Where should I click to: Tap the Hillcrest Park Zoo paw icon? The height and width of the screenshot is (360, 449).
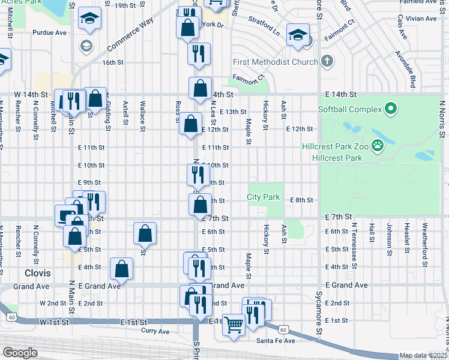pos(378,145)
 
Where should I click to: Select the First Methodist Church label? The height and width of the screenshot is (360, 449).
pos(276,62)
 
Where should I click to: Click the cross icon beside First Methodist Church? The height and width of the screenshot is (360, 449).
pos(327,61)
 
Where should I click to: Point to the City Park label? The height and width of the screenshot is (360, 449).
pos(264,197)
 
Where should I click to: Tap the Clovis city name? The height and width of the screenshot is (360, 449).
pos(37,272)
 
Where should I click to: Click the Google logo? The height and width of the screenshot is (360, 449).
pos(20,353)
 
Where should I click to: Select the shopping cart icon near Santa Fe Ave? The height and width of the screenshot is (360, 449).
pos(234,325)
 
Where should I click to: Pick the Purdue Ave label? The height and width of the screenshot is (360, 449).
pos(49,32)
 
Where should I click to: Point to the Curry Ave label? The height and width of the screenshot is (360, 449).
pos(155,331)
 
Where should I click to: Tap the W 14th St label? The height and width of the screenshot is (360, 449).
pos(31,95)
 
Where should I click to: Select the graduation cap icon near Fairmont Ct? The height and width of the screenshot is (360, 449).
pos(297,35)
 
